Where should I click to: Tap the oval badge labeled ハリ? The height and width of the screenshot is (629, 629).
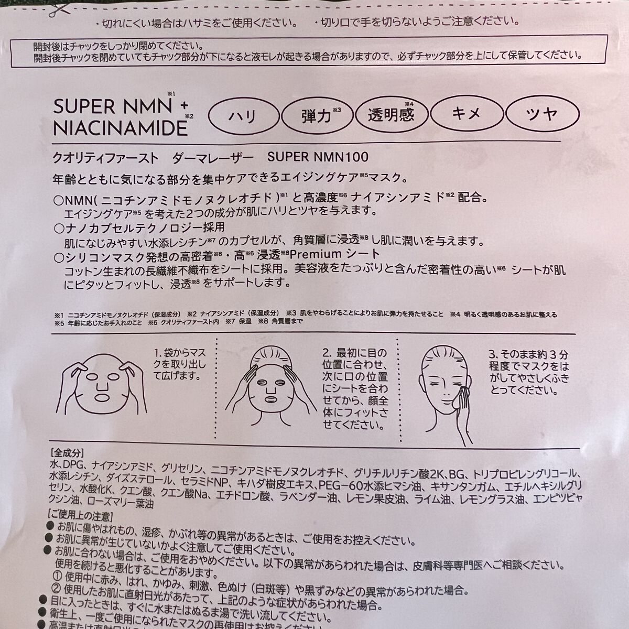pyautogui.click(x=243, y=115)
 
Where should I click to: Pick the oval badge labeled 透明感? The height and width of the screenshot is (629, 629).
pyautogui.click(x=391, y=114)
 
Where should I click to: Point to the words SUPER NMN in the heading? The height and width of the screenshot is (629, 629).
pyautogui.click(x=113, y=107)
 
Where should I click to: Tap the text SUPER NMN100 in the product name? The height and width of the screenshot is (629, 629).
pyautogui.click(x=318, y=157)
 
